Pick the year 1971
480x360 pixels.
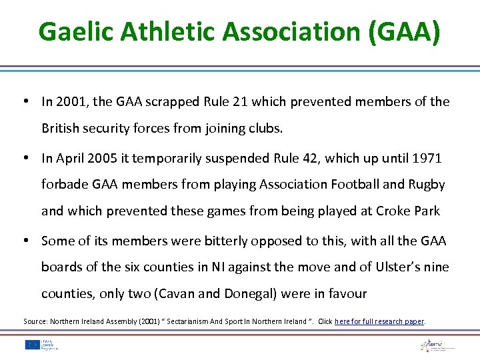[427, 158]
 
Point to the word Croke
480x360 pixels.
[394, 211]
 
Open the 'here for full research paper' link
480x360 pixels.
[379, 321]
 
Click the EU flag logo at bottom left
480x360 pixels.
[31, 345]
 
